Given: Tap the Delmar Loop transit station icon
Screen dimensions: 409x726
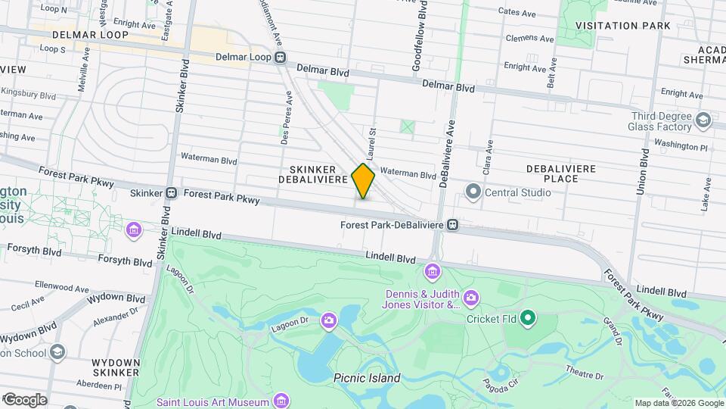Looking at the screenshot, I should (x=281, y=58).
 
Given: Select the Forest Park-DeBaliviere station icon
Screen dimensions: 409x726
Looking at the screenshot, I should (x=452, y=224).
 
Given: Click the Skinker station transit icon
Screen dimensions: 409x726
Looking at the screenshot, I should (x=172, y=193).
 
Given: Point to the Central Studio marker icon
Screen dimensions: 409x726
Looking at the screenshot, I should (x=474, y=192).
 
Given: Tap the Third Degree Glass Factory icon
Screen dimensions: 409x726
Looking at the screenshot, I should (x=703, y=120).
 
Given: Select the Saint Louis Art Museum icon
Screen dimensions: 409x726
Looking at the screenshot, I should (x=281, y=401).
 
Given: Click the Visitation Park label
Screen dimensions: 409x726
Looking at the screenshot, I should (x=622, y=26).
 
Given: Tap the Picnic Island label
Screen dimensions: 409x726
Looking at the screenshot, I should (x=366, y=377).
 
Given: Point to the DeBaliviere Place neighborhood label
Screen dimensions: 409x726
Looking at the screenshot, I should (x=560, y=173).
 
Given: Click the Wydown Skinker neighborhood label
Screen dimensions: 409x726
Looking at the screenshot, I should (x=116, y=367).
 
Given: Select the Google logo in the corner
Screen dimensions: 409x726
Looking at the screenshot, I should (x=24, y=400).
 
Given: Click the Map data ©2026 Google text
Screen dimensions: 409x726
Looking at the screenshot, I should (x=678, y=403).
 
